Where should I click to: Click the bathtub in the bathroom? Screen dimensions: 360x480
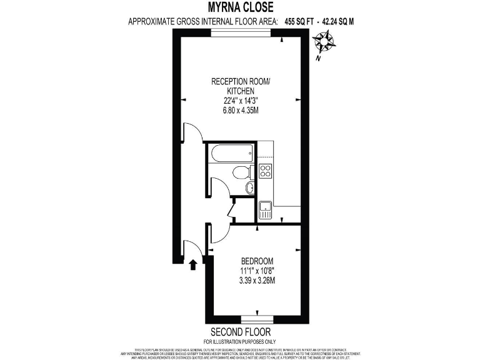pos(231,152)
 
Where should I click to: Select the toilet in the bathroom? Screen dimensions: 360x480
pos(240,172)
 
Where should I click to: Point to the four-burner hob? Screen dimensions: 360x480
pos(265,170)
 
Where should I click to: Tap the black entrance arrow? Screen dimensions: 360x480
pos(193,264)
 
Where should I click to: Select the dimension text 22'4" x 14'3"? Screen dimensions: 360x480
pos(241,101)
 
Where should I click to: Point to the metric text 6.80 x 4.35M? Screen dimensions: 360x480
pos(241,111)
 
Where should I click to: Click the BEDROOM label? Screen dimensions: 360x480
pos(257,261)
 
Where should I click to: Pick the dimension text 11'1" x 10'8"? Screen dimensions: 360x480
pos(257,271)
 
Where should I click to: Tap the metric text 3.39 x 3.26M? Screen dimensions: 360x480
pos(257,281)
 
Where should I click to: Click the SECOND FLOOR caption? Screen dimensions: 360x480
pos(241,331)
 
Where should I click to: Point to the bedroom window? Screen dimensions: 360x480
pos(258,318)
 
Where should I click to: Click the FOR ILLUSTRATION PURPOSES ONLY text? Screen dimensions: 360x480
pos(241,341)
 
